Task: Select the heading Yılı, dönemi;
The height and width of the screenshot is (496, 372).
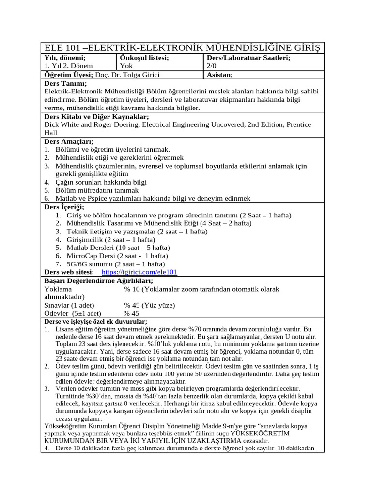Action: point(65,58)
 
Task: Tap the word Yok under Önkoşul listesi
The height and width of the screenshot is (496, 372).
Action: point(126,66)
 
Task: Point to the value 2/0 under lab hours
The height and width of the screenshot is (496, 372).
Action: point(212,66)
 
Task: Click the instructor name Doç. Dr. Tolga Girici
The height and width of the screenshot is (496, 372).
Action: point(128,75)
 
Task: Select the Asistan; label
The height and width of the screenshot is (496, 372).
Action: point(220,75)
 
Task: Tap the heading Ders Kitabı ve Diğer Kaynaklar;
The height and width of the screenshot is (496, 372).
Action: point(96,116)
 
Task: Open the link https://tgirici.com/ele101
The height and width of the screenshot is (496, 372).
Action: point(139,272)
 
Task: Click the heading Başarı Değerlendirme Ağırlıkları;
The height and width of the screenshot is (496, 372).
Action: point(98,280)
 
